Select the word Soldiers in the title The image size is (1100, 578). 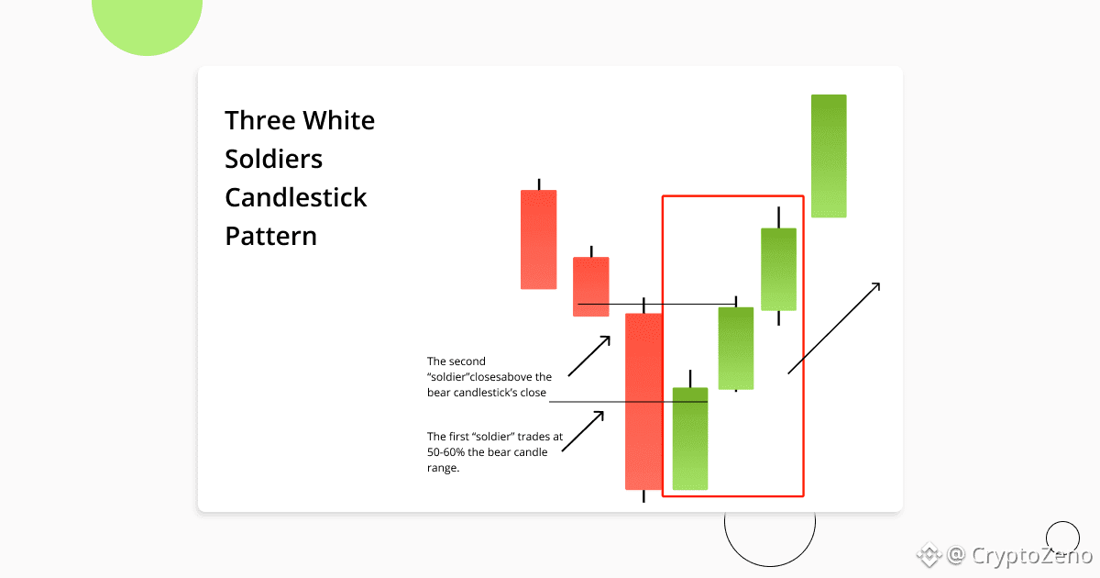coord(273,159)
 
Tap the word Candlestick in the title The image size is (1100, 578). coord(295,197)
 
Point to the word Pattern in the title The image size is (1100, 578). coord(270,236)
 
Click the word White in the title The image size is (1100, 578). coord(338,120)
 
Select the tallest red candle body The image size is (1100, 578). coord(643,402)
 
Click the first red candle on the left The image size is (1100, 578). coord(539,239)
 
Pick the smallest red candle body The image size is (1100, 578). coord(591,286)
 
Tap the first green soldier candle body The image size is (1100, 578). coord(690,439)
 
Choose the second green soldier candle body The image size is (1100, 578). coord(735,348)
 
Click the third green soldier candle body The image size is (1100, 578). coord(779,270)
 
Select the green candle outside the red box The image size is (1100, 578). coord(829,156)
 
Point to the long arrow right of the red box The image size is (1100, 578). coord(834,328)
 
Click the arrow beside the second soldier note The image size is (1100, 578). coord(589,356)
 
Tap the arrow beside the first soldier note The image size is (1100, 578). coord(583,431)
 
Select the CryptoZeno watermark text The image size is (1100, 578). coord(1031,556)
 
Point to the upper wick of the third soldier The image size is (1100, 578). coord(779,217)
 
